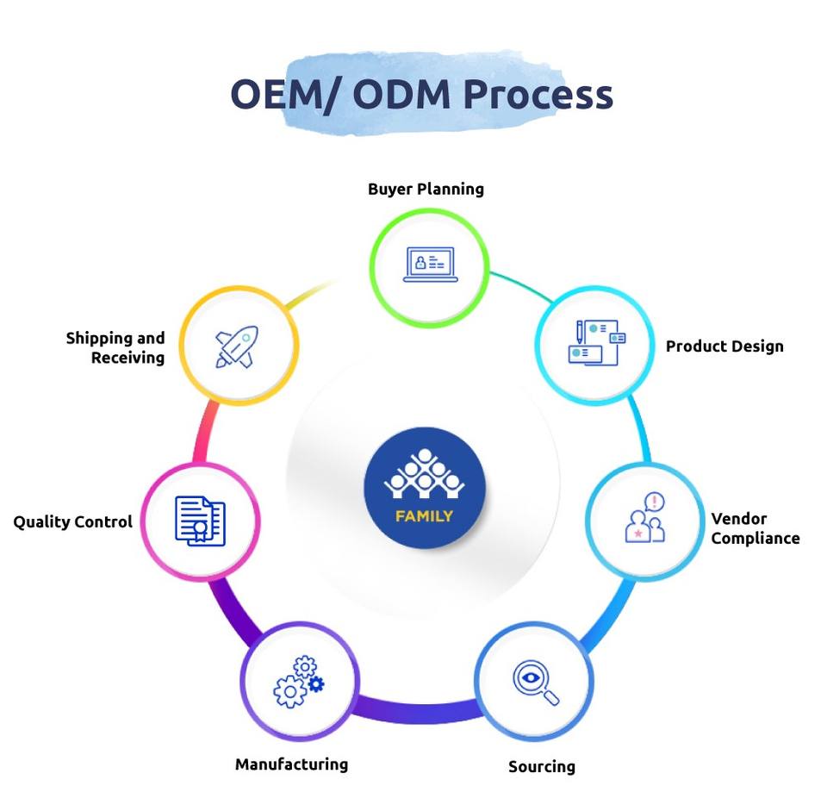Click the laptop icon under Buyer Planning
coord(431,264)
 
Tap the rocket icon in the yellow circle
coord(237,346)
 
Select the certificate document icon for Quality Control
coord(200,521)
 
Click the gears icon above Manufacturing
coord(299,681)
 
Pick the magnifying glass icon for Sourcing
coord(535,683)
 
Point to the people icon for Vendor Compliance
coord(644,518)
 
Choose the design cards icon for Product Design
coord(596,342)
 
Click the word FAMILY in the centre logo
coord(424,516)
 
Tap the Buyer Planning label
coord(426,190)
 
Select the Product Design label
coord(724,346)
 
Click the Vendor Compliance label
coord(755,528)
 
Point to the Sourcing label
coord(541,766)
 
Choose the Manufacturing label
coord(291,764)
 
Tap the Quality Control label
coord(72,521)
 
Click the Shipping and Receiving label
coord(115,347)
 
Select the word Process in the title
coord(538,95)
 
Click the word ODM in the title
coord(401,95)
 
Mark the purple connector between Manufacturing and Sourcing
coord(417,710)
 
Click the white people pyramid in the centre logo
coord(424,474)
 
